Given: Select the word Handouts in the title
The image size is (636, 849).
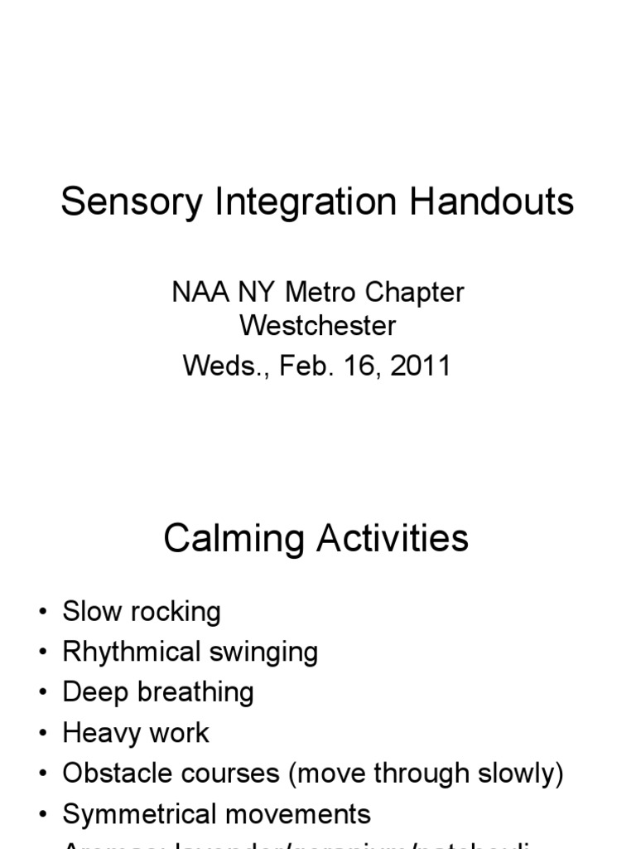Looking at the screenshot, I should coord(495,201).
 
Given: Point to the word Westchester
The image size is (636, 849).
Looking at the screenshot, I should coord(318,326).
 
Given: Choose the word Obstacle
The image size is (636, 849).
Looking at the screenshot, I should coord(111,774).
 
